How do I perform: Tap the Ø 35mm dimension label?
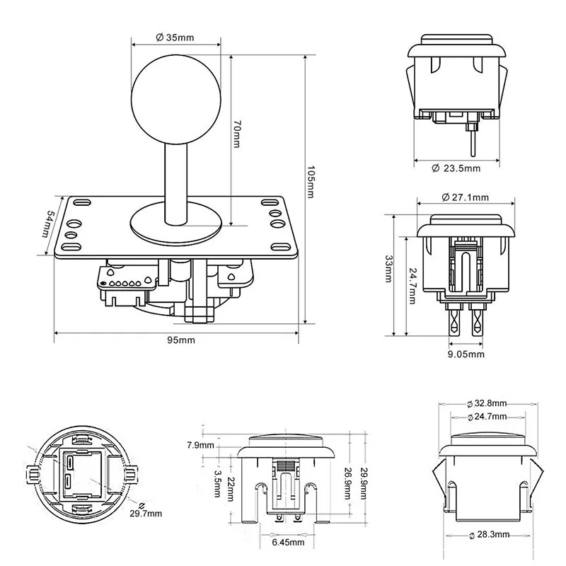point(175,37)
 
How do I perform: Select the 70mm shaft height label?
point(238,134)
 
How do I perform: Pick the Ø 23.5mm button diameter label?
point(456,168)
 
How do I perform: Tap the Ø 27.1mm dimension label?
point(465,196)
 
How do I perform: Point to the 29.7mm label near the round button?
point(157,512)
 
